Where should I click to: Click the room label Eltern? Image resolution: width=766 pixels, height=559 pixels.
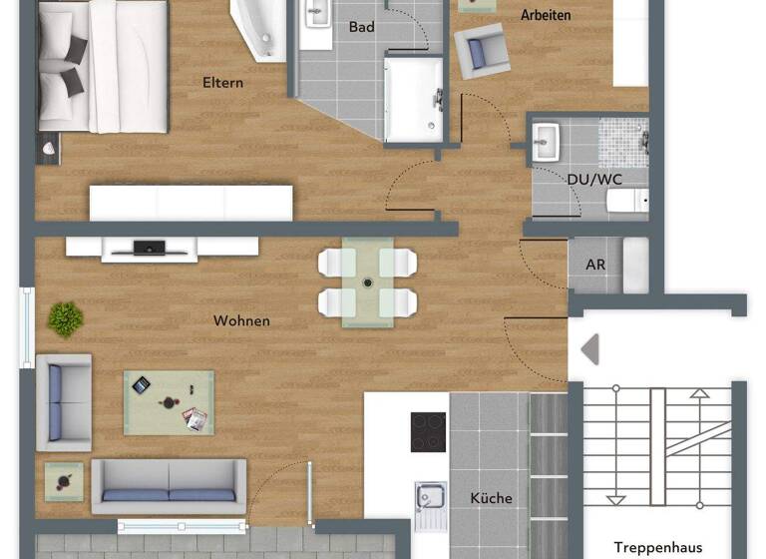click(222, 83)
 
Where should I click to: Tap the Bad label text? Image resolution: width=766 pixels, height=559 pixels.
click(362, 27)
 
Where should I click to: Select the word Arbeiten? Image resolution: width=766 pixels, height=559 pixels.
click(546, 15)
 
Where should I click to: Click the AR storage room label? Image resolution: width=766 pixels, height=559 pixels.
click(595, 266)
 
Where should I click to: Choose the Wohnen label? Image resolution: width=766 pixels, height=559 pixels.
click(241, 321)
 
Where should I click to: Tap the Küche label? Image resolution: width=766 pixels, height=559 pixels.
click(491, 498)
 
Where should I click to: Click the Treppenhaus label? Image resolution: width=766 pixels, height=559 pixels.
click(657, 547)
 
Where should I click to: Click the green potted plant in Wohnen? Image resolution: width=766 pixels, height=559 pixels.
click(66, 319)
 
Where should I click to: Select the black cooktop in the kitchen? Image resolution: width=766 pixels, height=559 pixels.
click(429, 432)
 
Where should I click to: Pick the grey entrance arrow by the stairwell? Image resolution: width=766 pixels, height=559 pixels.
click(589, 349)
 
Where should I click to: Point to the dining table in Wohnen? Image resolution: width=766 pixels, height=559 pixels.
click(367, 282)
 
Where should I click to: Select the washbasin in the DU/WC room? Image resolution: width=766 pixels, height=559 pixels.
click(548, 141)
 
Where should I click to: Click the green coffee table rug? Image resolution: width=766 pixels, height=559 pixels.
click(169, 402)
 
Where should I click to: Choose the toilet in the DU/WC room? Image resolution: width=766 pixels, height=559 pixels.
click(626, 203)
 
